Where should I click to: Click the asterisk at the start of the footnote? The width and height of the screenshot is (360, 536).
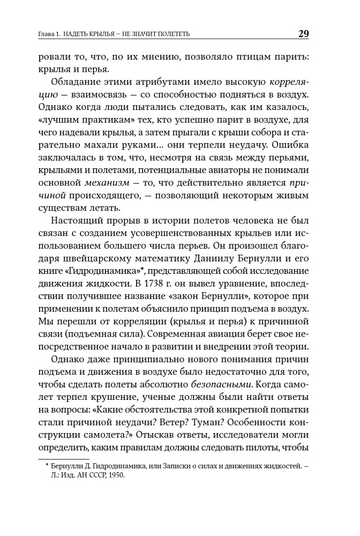pyautogui.click(x=47, y=464)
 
